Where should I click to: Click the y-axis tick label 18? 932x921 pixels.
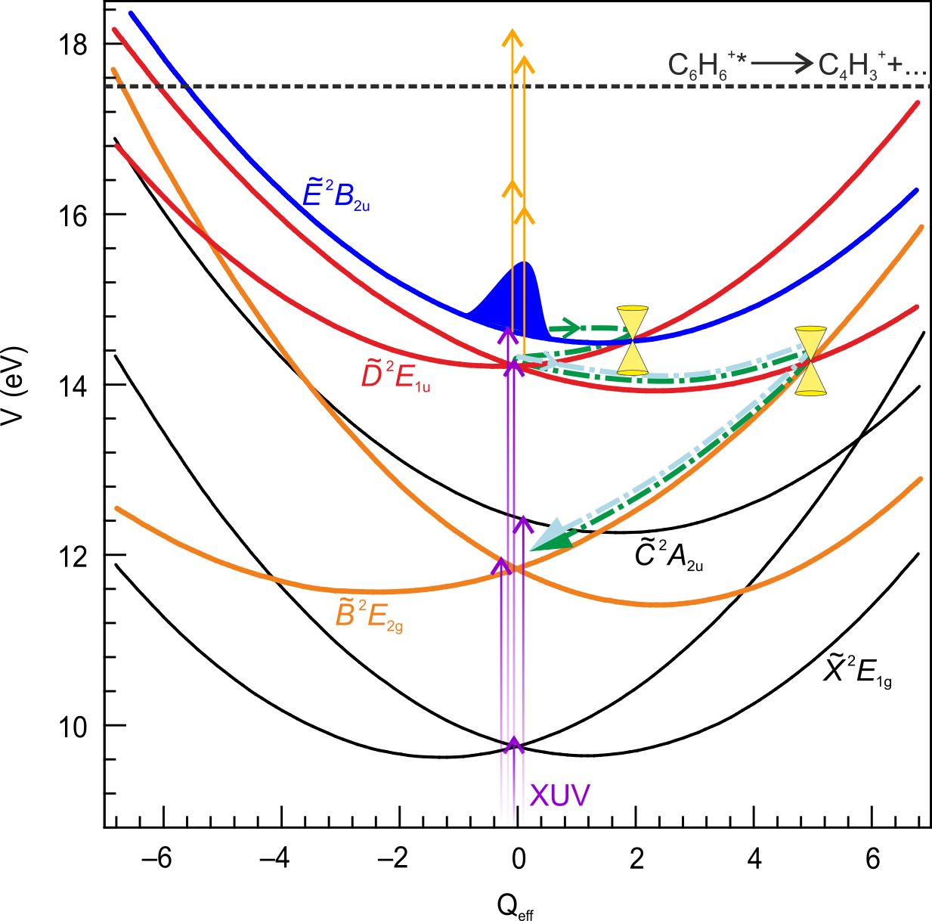click(73, 45)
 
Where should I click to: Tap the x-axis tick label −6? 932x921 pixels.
click(157, 860)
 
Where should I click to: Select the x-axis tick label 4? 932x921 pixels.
click(754, 860)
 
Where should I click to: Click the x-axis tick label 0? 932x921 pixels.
click(519, 860)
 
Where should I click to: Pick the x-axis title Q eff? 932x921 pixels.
click(516, 906)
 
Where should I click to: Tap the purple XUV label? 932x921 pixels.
click(559, 795)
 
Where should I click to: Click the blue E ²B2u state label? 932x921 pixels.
click(336, 194)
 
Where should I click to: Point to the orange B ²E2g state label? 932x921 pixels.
click(368, 614)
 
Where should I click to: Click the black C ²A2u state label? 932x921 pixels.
click(668, 556)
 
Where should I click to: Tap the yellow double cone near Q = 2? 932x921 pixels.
click(633, 340)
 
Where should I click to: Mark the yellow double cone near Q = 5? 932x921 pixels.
click(810, 361)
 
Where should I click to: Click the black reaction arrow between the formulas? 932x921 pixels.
click(782, 64)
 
